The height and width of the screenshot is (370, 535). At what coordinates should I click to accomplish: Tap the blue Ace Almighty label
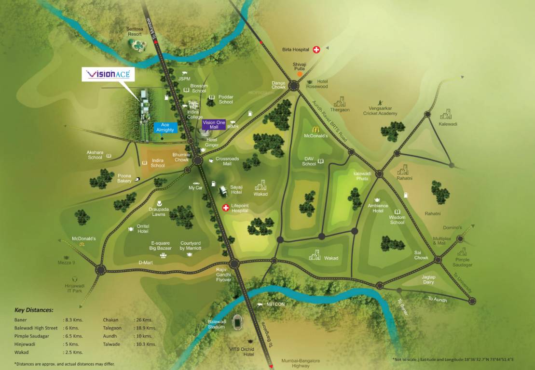coord(165,127)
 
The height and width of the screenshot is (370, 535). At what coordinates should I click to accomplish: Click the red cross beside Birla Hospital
coord(317,50)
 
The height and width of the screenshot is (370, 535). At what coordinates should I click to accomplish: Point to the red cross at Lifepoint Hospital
coord(225,208)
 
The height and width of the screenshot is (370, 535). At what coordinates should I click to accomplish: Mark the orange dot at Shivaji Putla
coord(300,74)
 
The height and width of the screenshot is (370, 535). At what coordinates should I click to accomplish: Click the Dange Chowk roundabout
coord(294,86)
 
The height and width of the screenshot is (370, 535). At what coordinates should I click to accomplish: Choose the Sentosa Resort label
coord(135,31)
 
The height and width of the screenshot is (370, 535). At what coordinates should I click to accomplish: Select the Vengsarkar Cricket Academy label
coord(380,111)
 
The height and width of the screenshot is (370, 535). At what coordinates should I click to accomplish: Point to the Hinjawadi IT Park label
coord(74,288)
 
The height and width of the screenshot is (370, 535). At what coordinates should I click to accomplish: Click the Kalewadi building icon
coord(446,114)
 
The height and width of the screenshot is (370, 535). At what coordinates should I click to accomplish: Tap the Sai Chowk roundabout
coord(438,260)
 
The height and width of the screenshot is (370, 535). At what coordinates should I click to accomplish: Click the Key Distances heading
coord(34,310)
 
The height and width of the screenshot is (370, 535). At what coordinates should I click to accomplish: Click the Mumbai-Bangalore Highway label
coord(301,363)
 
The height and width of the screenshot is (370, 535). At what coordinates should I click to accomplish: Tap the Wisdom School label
coord(397,220)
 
